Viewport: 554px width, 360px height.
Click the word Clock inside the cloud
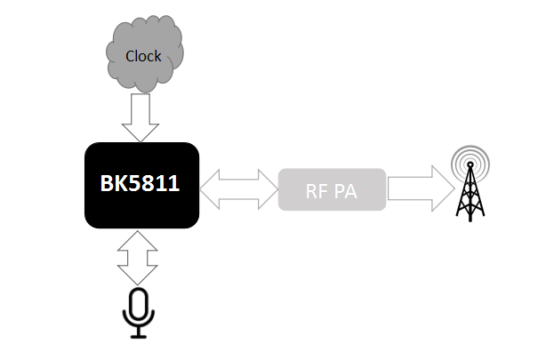click(x=143, y=56)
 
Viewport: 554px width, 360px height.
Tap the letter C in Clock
click(x=130, y=56)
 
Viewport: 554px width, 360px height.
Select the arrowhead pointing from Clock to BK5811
click(x=141, y=132)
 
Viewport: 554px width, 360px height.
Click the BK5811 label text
click(x=140, y=183)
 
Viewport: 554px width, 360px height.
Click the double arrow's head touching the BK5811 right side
click(x=210, y=189)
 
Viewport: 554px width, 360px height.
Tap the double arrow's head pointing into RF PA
click(x=269, y=189)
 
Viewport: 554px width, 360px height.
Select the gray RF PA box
click(x=332, y=189)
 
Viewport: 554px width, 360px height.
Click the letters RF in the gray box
click(x=317, y=191)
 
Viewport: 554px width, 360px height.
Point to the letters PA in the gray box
click(x=346, y=191)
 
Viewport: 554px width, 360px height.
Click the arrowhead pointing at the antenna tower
click(x=444, y=188)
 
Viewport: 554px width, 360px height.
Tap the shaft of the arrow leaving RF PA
click(x=410, y=188)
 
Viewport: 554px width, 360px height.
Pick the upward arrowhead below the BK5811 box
click(x=138, y=241)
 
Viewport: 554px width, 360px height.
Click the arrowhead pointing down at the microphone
click(x=138, y=275)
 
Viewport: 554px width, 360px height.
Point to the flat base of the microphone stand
click(x=139, y=337)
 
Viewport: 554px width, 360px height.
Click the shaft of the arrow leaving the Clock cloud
click(x=141, y=108)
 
